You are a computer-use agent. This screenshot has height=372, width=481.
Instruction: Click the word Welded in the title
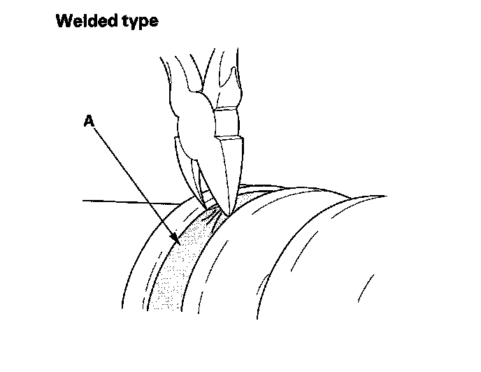(x=83, y=21)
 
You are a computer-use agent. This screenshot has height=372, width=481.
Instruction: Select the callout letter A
(x=89, y=122)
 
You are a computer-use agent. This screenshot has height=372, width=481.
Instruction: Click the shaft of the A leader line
(x=133, y=182)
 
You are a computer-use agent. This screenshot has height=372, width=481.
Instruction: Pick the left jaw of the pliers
(x=199, y=175)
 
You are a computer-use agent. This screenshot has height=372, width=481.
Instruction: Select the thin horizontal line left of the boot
(x=126, y=202)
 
